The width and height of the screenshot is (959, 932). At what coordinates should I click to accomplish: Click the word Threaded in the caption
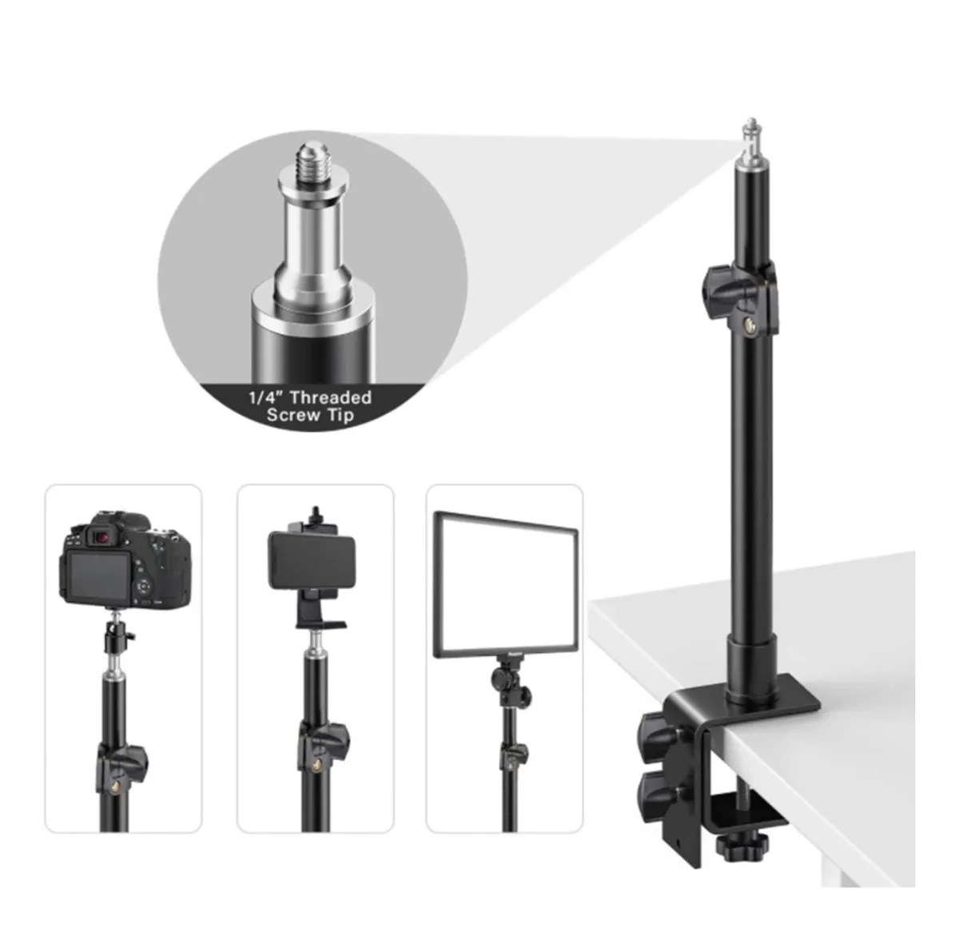tap(330, 397)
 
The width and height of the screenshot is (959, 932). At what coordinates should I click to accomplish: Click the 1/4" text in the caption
tap(265, 397)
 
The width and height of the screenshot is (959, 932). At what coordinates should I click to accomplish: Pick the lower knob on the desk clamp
tap(657, 793)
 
